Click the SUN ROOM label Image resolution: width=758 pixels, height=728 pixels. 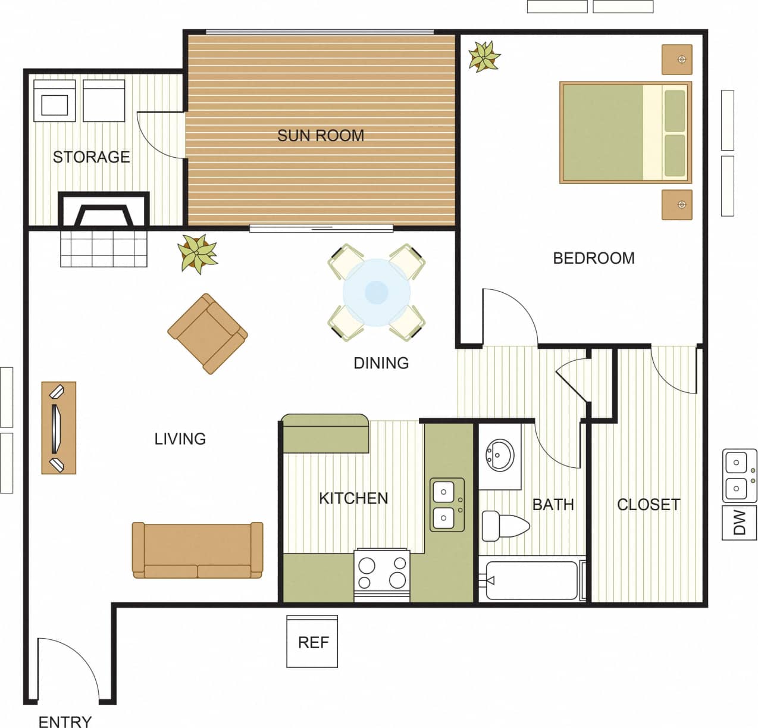pos(320,136)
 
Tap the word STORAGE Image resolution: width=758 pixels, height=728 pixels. pos(91,157)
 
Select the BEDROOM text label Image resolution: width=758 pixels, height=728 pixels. pos(593,258)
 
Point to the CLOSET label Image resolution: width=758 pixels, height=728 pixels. pos(648,505)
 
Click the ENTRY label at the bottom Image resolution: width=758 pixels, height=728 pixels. pos(65,721)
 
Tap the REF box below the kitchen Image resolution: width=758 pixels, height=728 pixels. pos(312,642)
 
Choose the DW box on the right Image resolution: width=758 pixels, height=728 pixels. pos(739,523)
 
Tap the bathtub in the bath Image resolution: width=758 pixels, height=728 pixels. pos(531,580)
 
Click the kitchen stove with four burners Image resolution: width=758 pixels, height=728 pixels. pos(381,573)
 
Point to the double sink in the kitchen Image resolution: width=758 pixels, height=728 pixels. pos(447,505)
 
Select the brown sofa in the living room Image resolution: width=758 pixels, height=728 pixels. pos(197,551)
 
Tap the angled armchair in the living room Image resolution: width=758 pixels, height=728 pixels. pos(208,333)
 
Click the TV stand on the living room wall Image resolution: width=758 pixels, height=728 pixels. pos(58,427)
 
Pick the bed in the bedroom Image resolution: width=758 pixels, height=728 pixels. pos(625,132)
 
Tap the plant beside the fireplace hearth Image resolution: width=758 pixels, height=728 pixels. pos(198,254)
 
